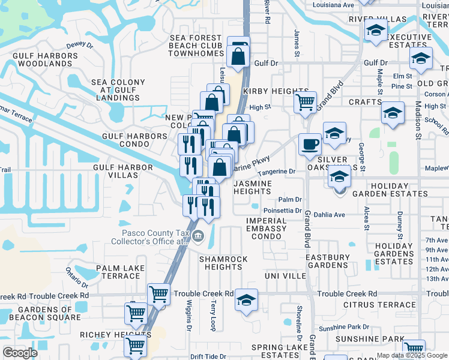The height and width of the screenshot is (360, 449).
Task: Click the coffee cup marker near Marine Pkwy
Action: [310, 144]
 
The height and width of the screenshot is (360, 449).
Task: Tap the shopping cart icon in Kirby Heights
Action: [305, 101]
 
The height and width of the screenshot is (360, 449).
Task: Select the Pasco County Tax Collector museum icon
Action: [198, 238]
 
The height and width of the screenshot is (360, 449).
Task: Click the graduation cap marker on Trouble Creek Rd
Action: [246, 299]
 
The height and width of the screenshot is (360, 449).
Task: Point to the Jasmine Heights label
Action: [253, 187]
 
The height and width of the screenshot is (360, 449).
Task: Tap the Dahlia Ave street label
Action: [330, 214]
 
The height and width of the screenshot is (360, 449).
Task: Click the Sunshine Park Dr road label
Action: [344, 328]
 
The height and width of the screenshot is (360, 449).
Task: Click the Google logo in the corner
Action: [20, 352]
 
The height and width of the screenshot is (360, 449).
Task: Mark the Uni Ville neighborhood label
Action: [285, 275]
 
